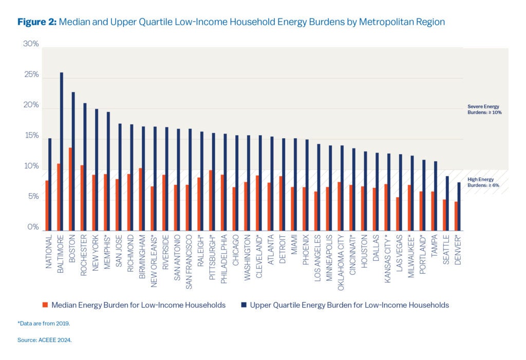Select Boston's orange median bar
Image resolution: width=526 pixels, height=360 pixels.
pyautogui.click(x=70, y=189)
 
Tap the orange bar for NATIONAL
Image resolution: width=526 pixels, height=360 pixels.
pyautogui.click(x=47, y=205)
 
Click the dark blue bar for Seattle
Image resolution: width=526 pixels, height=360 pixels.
pyautogui.click(x=447, y=203)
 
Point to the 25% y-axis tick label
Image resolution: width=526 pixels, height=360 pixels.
pyautogui.click(x=31, y=75)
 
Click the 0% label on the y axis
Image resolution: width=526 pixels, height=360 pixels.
pyautogui.click(x=33, y=228)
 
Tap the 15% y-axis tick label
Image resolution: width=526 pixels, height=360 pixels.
pyautogui.click(x=31, y=136)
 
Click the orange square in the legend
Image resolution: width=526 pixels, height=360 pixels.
pyautogui.click(x=45, y=305)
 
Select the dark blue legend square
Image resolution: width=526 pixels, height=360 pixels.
pyautogui.click(x=244, y=305)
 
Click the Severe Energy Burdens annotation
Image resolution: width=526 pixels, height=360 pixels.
pyautogui.click(x=483, y=109)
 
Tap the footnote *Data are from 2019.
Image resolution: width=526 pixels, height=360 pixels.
pyautogui.click(x=43, y=324)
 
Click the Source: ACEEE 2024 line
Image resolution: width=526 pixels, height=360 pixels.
pyautogui.click(x=44, y=340)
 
